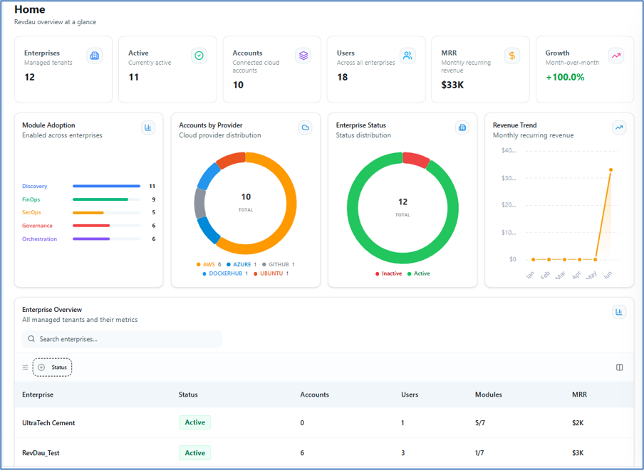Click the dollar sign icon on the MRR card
tap(511, 56)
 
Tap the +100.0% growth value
tap(565, 77)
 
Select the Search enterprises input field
tap(122, 339)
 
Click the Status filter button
tap(52, 367)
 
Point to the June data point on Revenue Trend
tap(611, 170)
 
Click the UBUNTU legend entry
tap(271, 273)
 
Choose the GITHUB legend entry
tap(279, 264)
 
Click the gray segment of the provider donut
tap(199, 203)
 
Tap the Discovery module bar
tap(106, 186)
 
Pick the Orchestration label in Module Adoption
tap(39, 239)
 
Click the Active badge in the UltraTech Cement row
tap(194, 422)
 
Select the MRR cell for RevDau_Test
tap(578, 453)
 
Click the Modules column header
tap(488, 395)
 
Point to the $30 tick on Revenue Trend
tap(509, 178)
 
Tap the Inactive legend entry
tap(388, 273)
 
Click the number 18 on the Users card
tap(342, 77)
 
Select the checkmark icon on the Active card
tap(199, 56)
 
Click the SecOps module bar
tap(88, 213)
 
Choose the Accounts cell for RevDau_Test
tap(302, 453)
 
